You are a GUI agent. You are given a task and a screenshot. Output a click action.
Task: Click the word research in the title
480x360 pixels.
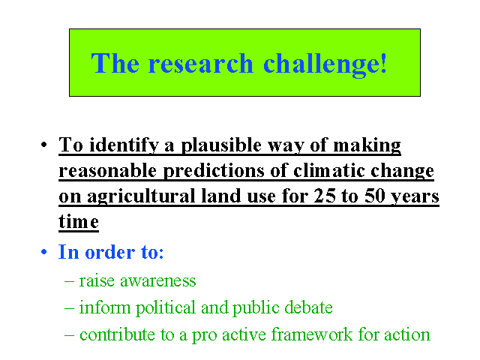pyautogui.click(x=201, y=63)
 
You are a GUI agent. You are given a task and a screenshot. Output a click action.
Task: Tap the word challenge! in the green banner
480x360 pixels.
pyautogui.click(x=325, y=65)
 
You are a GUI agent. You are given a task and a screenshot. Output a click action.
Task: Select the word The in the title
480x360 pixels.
pyautogui.click(x=115, y=63)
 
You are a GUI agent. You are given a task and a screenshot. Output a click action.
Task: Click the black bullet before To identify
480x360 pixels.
pyautogui.click(x=44, y=144)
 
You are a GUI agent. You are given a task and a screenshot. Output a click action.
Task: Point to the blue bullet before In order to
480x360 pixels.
pyautogui.click(x=44, y=252)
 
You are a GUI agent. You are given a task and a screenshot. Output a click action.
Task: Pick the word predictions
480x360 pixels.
pyautogui.click(x=213, y=171)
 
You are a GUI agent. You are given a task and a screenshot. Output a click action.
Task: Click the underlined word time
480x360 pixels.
pyautogui.click(x=79, y=221)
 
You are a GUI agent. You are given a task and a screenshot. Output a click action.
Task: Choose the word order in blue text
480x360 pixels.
pyautogui.click(x=110, y=253)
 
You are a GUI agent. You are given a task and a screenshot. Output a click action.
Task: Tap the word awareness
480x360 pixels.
pyautogui.click(x=158, y=281)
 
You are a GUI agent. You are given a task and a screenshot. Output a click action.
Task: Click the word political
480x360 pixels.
pyautogui.click(x=165, y=308)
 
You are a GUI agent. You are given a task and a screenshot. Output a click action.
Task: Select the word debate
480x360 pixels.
pyautogui.click(x=308, y=307)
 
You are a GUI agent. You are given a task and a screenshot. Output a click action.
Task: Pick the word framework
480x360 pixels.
pyautogui.click(x=312, y=334)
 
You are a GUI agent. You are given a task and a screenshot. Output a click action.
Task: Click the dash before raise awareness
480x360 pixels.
pyautogui.click(x=70, y=282)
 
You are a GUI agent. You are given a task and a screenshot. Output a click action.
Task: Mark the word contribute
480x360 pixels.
pyautogui.click(x=117, y=334)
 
